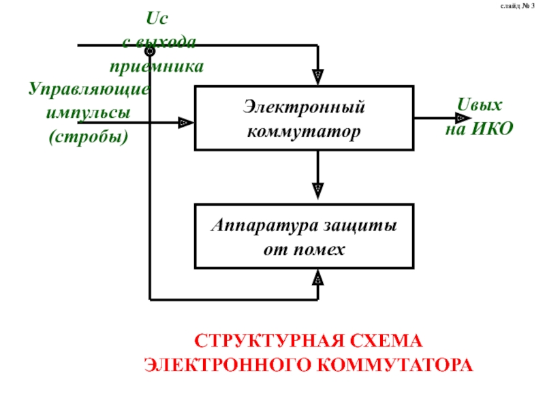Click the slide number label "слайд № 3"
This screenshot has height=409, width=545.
point(517,6)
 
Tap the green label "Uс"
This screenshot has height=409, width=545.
point(157,18)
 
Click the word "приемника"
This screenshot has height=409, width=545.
point(157,66)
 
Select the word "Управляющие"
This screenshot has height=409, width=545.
point(89,89)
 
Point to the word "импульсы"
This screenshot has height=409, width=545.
point(89,112)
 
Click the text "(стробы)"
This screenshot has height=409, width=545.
point(89,137)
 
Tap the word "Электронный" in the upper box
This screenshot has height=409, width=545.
point(304,106)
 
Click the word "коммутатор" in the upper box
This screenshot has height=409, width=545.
point(304,132)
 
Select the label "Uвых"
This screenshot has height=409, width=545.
point(480,104)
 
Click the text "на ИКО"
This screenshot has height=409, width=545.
point(480,129)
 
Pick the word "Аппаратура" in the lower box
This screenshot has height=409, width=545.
point(264,226)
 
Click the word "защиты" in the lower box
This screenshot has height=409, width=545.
point(360,226)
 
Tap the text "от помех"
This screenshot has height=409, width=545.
point(304,249)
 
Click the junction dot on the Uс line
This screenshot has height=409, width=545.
point(150,52)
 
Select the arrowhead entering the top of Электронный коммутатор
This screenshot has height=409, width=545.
point(318,77)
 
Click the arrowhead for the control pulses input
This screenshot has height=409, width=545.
point(186,123)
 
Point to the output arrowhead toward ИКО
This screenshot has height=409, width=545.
point(463,118)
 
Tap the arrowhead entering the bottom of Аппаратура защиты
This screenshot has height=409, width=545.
point(318,277)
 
